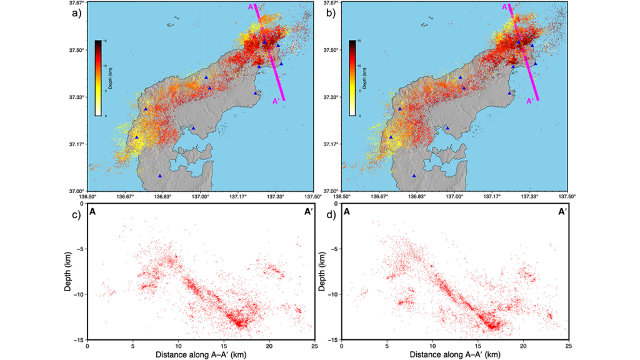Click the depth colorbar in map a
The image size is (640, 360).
[x=98, y=78]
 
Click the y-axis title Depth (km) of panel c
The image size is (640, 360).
[x=67, y=271]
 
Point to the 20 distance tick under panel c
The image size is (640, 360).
[x=269, y=345]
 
